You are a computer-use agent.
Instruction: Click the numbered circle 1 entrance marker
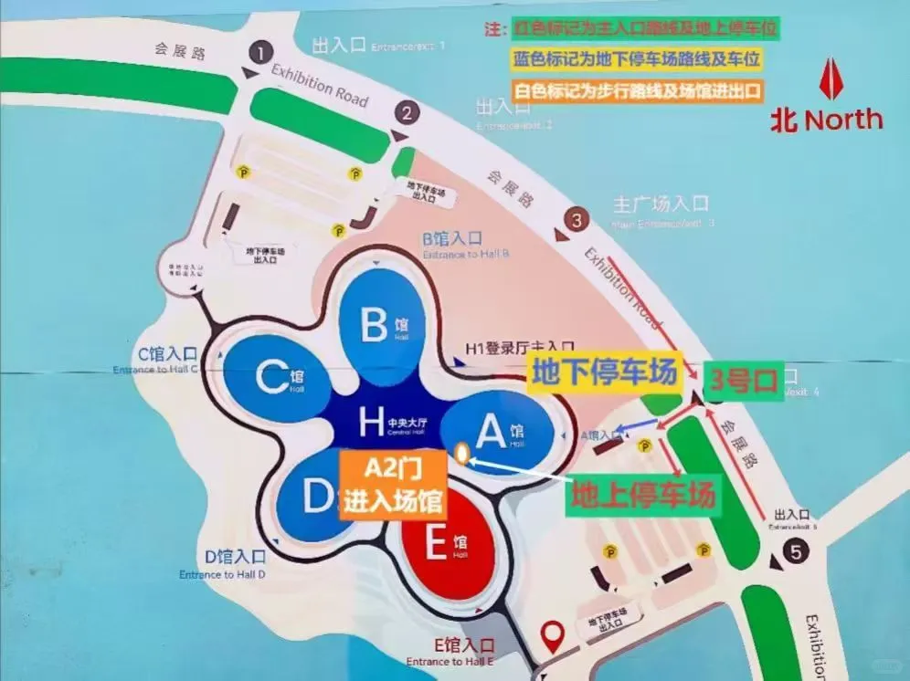(265, 52)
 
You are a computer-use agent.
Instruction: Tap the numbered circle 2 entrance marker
(407, 114)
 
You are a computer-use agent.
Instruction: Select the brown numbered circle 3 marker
(576, 220)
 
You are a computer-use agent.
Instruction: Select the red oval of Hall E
(447, 547)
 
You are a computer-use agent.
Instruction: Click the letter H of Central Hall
(370, 422)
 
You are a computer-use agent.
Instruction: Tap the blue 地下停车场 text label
(605, 373)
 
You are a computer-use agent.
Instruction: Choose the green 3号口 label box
(742, 381)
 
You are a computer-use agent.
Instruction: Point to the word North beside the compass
(843, 120)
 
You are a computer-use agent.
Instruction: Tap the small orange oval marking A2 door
(463, 453)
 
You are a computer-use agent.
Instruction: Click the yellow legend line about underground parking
(638, 60)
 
